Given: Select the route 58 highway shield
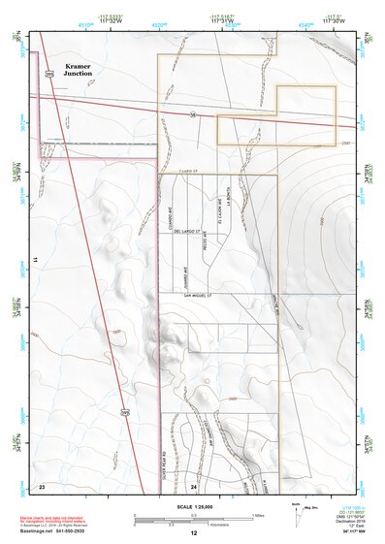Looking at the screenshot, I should pyautogui.click(x=193, y=113).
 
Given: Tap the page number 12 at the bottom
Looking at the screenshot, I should pyautogui.click(x=193, y=533).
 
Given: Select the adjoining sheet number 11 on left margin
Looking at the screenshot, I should pyautogui.click(x=33, y=261).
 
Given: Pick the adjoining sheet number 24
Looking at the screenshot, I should pyautogui.click(x=193, y=485).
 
